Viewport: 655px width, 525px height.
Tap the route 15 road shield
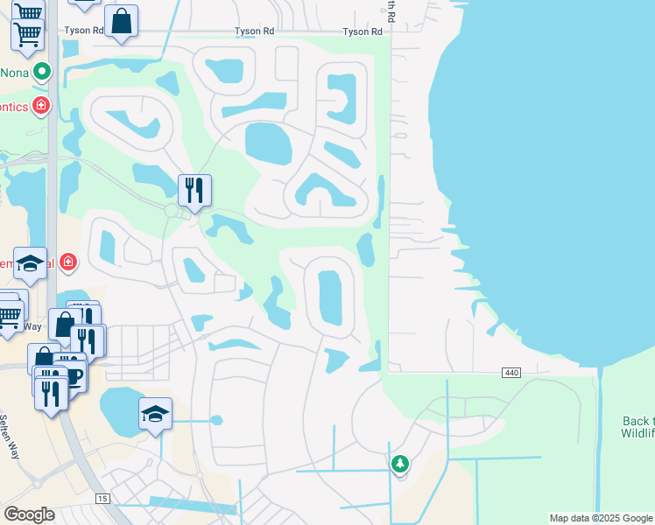point(103,499)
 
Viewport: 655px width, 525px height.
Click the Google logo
point(29,514)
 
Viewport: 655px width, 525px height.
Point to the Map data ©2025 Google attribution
point(601,519)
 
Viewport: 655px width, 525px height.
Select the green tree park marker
point(400,463)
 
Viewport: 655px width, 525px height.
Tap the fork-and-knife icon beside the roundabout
point(194,191)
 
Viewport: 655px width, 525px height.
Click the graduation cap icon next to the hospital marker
point(31,264)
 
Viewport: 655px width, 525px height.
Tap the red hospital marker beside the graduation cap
point(68,262)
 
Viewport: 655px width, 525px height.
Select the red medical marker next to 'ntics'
point(40,107)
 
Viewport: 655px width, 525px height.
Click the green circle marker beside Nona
point(40,73)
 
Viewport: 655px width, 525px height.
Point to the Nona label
point(13,73)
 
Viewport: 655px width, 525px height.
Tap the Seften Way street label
point(11,437)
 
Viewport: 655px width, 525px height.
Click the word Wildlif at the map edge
point(637,432)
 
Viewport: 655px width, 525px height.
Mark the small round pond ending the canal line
point(216,421)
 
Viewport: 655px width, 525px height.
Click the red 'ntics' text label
point(13,107)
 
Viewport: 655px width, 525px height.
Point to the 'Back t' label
point(637,419)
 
